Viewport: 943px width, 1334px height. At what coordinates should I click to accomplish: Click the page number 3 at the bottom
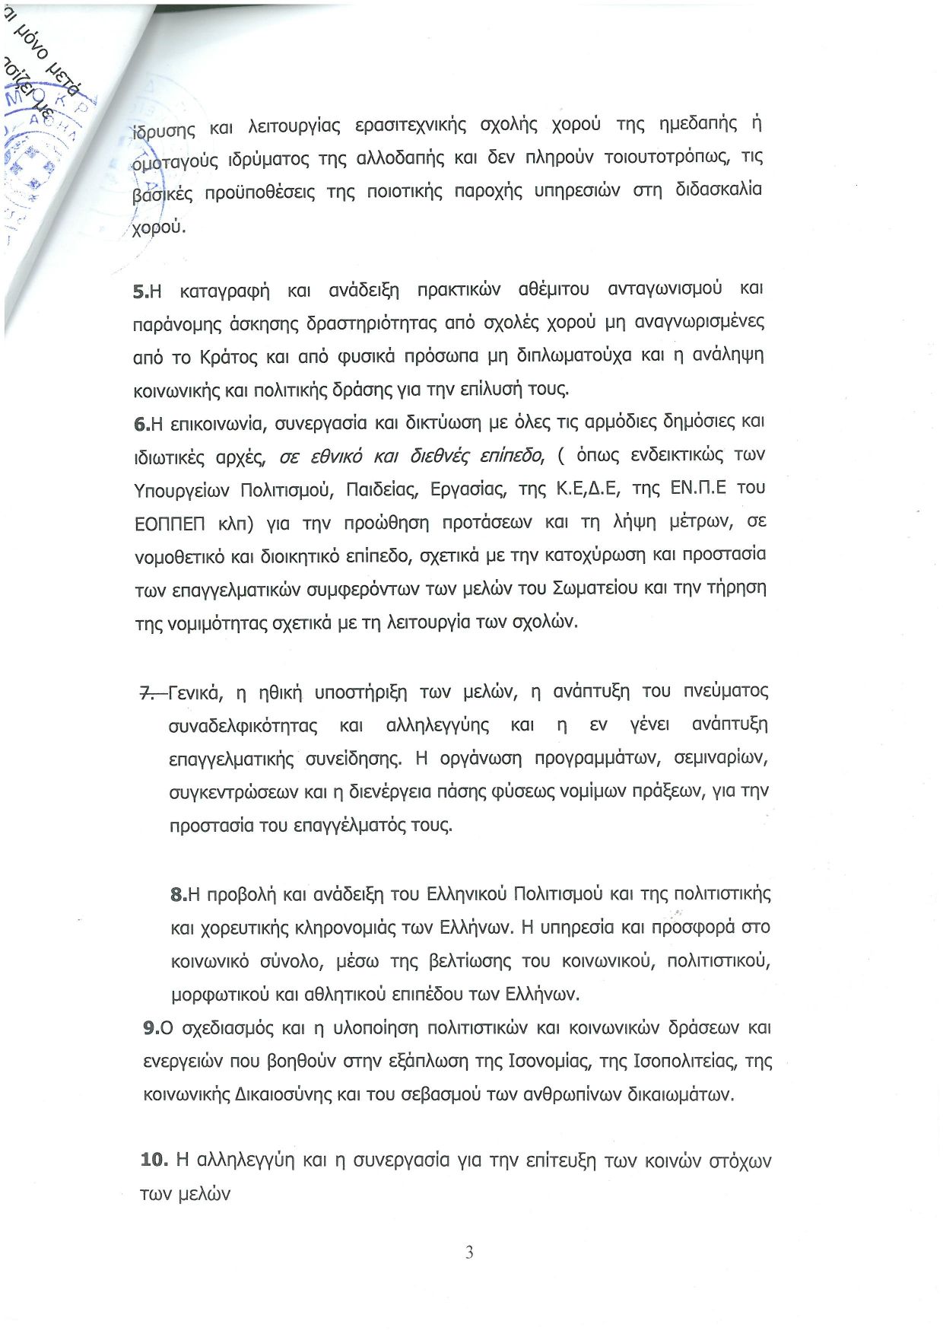tap(469, 1252)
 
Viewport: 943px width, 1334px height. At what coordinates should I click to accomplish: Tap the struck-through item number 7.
tap(147, 692)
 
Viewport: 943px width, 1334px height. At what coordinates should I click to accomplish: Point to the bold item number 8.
tap(179, 894)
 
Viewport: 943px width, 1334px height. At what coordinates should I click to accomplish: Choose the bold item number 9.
tap(151, 1028)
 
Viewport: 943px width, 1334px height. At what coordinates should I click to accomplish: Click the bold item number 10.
tap(153, 1160)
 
